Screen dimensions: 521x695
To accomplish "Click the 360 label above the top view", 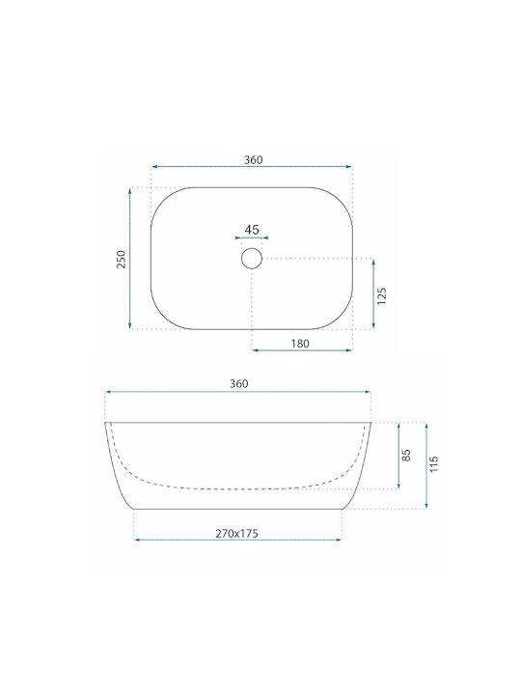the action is click(x=254, y=159).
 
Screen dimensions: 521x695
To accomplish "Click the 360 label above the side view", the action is click(x=239, y=384).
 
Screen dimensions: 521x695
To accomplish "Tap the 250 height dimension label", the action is click(x=121, y=259).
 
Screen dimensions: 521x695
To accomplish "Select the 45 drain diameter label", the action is click(x=252, y=230).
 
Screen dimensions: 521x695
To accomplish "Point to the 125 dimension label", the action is click(x=382, y=295).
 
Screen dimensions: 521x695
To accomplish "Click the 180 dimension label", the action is click(x=300, y=344).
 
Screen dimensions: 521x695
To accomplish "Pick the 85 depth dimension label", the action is click(x=406, y=456).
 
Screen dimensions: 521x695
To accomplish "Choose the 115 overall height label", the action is click(x=434, y=463).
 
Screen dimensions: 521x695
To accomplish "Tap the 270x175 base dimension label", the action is click(x=237, y=533).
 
